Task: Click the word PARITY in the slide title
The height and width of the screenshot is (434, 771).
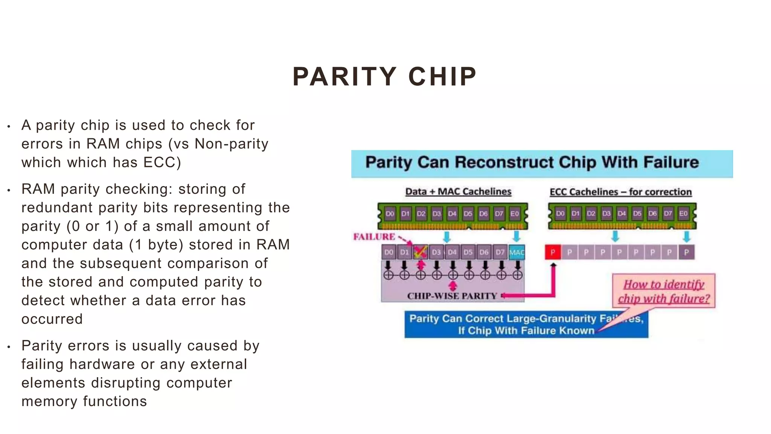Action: click(344, 77)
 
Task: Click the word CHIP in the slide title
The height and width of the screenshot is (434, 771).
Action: click(442, 77)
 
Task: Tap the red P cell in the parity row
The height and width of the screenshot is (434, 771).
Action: click(553, 252)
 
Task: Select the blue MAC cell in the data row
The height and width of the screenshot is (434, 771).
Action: click(517, 252)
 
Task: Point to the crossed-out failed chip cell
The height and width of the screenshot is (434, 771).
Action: click(420, 252)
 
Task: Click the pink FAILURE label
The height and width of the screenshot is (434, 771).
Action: click(374, 237)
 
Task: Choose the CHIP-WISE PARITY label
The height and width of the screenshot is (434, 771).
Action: click(452, 296)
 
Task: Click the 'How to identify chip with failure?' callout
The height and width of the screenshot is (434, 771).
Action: click(664, 291)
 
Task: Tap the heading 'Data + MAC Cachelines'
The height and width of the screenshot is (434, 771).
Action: click(458, 192)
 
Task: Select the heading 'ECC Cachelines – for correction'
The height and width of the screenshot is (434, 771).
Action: click(620, 192)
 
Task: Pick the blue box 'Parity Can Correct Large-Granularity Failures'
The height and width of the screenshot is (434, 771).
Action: click(526, 324)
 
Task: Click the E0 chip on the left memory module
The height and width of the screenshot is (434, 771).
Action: click(514, 214)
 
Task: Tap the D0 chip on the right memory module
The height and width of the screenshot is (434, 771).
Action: click(560, 214)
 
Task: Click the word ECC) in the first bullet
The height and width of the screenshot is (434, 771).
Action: click(162, 162)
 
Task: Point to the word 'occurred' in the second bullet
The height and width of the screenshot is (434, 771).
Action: click(52, 319)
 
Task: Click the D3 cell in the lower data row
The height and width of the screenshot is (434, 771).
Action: click(436, 252)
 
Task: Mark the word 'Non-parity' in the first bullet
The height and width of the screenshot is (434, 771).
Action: click(232, 144)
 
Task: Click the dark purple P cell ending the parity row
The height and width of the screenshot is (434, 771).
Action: click(686, 252)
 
